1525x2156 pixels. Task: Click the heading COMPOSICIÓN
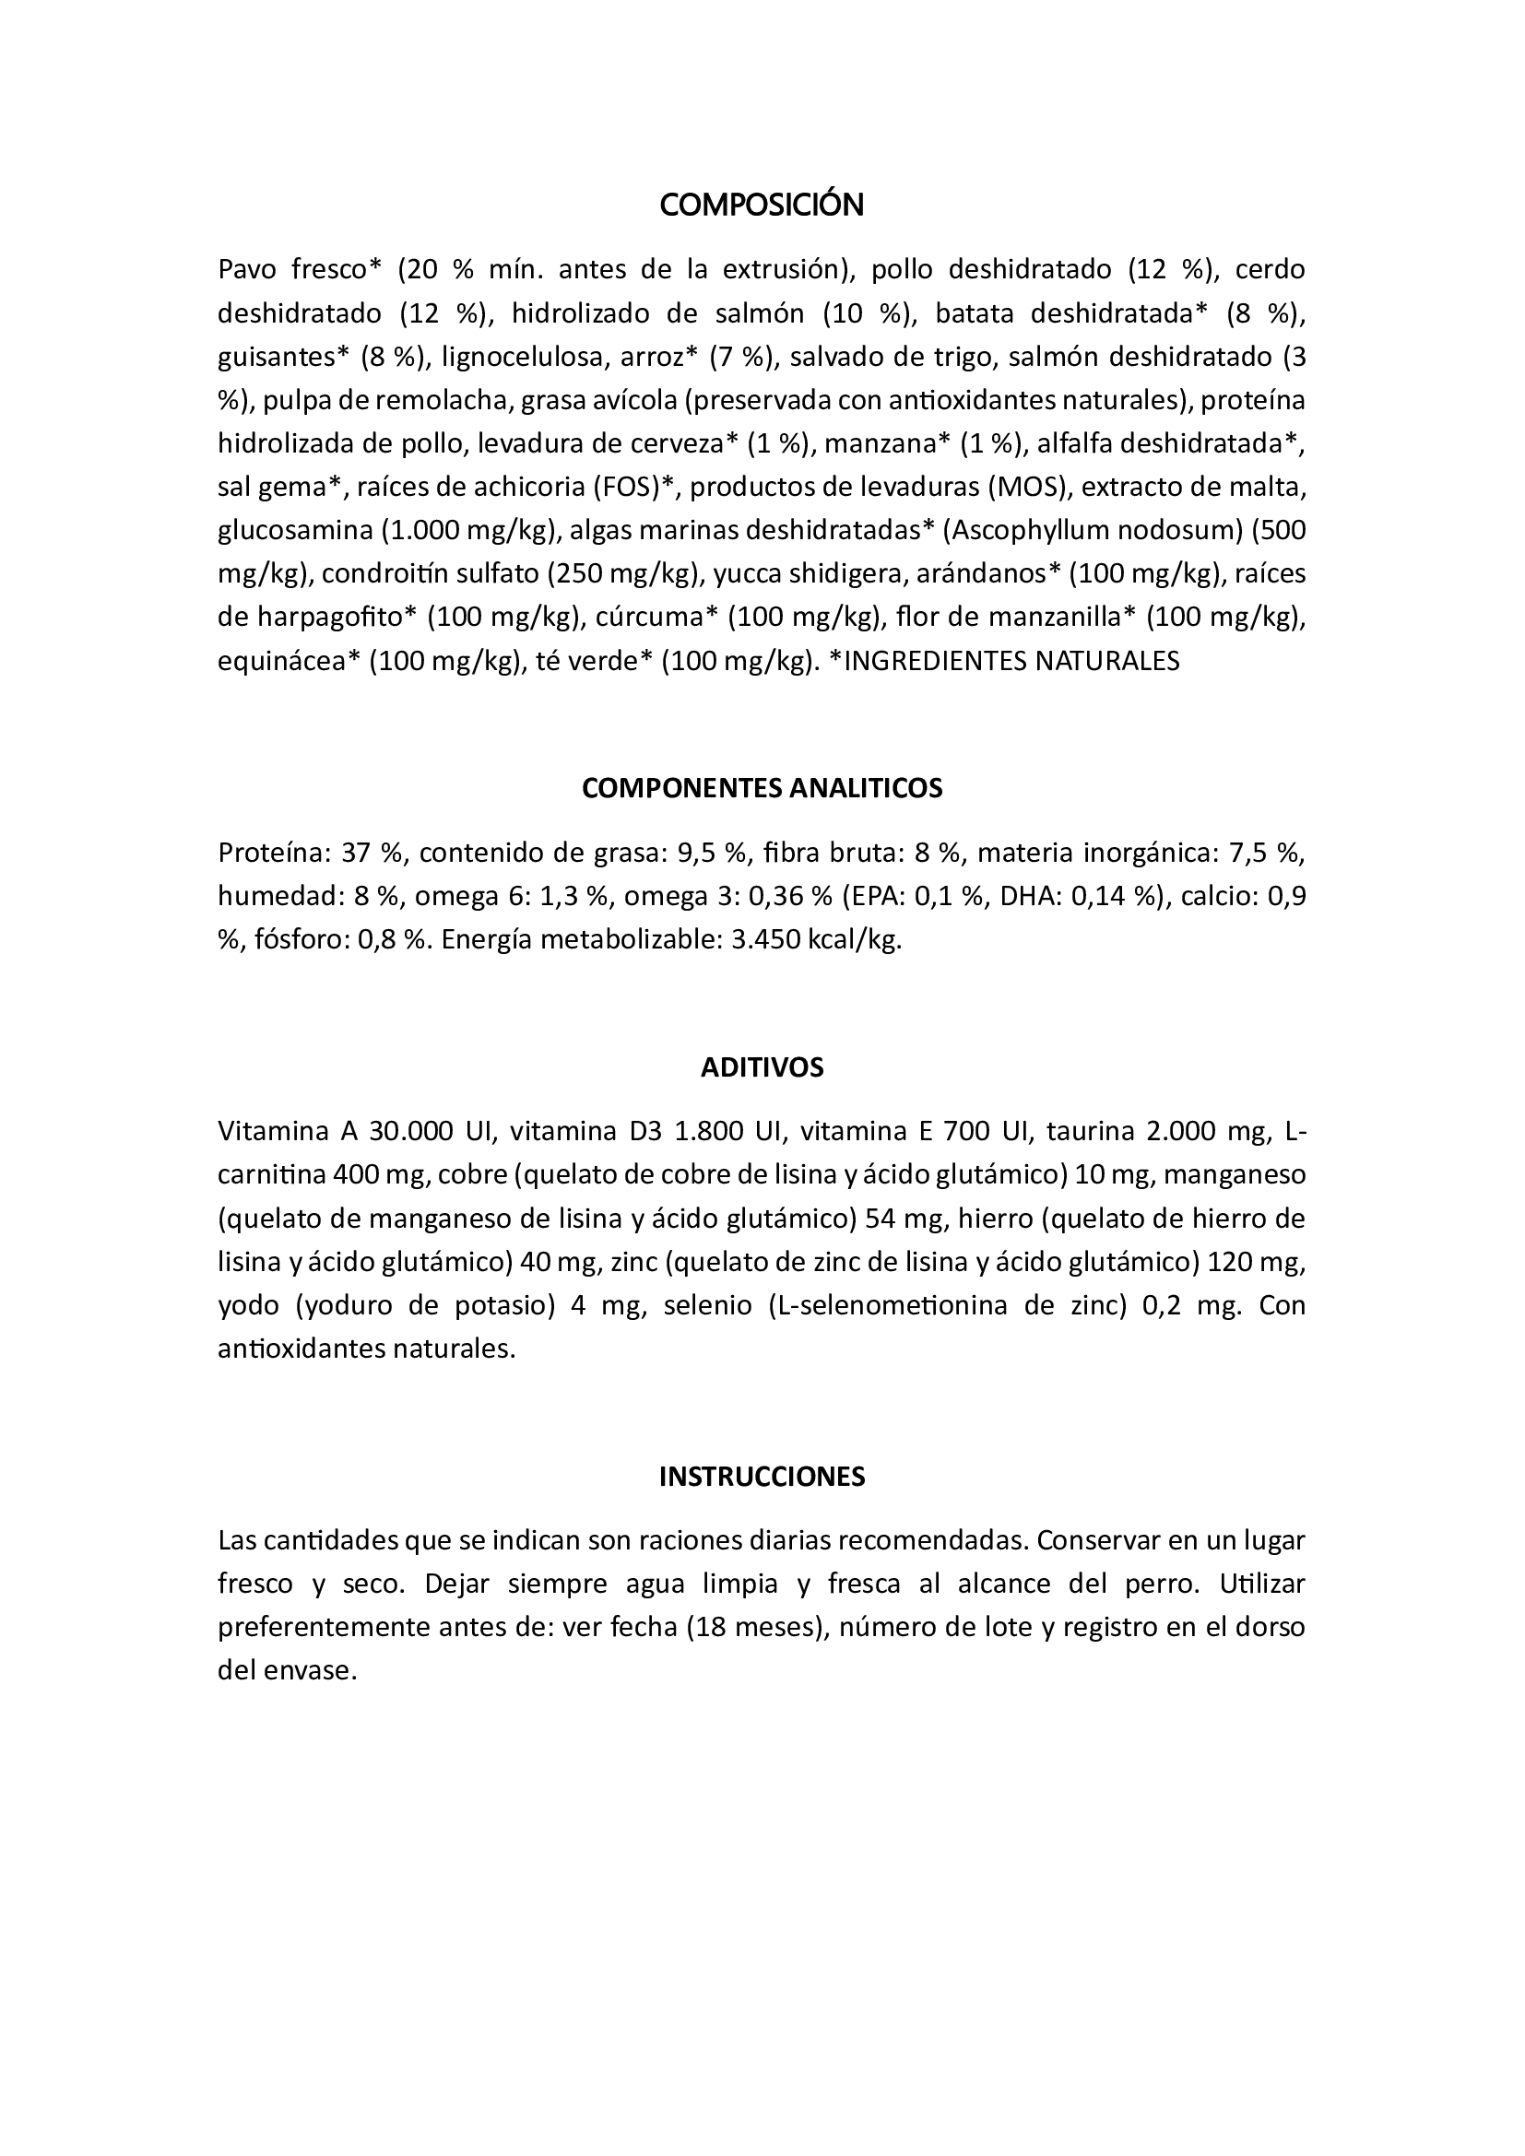[762, 206]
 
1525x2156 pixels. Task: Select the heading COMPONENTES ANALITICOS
[762, 788]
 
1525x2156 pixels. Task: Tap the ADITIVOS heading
[762, 1067]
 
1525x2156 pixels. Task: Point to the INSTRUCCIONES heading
[762, 1477]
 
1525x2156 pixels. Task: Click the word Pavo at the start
[246, 269]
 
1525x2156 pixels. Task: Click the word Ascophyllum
[1028, 531]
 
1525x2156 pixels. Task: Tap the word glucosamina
[295, 531]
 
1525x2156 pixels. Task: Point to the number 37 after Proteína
[356, 853]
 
